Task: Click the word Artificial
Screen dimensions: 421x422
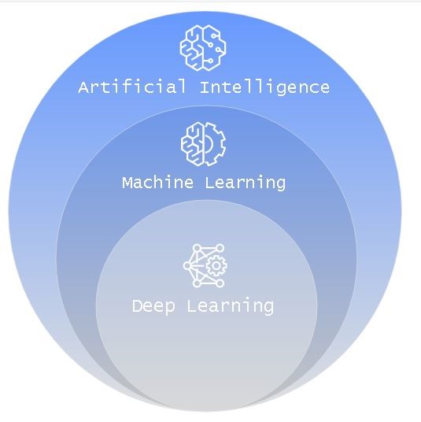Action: tap(132, 87)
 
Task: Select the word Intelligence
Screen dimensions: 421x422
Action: tap(264, 87)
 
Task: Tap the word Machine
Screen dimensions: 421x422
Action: tap(157, 182)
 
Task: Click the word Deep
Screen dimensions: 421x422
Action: tap(153, 306)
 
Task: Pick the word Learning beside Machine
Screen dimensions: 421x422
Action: tap(245, 183)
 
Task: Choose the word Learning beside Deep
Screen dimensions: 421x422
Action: tap(231, 306)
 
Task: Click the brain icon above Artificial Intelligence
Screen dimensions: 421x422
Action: tap(203, 48)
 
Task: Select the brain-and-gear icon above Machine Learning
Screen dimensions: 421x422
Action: tap(204, 144)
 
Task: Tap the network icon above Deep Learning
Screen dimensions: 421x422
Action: tap(205, 265)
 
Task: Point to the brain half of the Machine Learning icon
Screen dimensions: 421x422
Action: tap(192, 143)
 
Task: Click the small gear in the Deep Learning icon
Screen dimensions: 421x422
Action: tap(216, 266)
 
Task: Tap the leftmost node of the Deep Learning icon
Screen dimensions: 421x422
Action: tap(187, 266)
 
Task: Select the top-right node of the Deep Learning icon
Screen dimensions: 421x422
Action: tap(220, 248)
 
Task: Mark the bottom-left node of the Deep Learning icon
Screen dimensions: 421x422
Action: tap(197, 283)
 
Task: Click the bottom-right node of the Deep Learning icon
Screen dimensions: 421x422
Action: tap(220, 283)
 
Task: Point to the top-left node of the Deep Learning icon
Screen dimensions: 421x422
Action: tap(197, 248)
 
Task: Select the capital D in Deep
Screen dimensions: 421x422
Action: tap(137, 305)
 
